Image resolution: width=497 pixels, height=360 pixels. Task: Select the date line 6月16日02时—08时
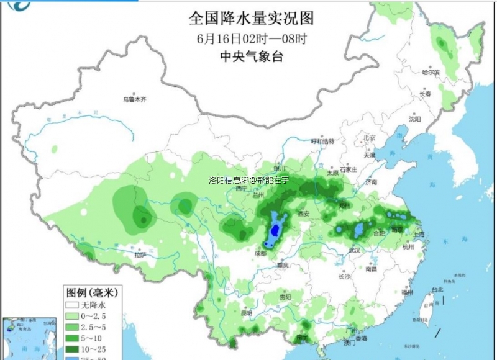tap(251, 37)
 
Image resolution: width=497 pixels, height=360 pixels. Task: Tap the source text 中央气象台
tap(251, 56)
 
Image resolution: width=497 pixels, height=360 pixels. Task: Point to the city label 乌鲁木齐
tap(135, 99)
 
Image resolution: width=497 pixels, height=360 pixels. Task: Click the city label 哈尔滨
tap(431, 73)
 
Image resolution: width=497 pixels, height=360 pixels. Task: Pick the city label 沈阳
tap(415, 119)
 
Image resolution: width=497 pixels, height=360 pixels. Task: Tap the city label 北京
tap(370, 138)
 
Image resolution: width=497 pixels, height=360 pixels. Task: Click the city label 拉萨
tap(140, 254)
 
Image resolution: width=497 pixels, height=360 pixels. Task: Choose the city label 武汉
tap(355, 250)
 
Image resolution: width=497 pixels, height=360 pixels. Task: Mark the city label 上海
tap(418, 235)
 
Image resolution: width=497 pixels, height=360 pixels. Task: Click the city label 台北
tap(437, 290)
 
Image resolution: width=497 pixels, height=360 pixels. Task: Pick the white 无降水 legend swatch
tap(72, 306)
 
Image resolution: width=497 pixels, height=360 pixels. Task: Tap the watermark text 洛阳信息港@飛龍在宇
tap(248, 181)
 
